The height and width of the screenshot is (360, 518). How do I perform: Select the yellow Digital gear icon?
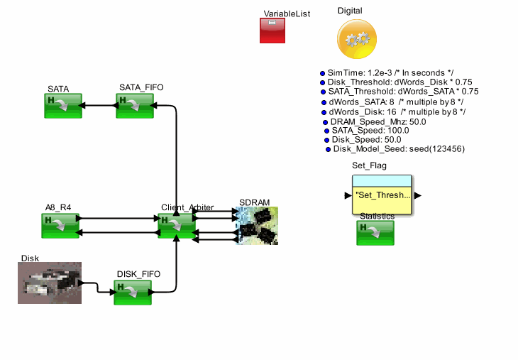(x=357, y=38)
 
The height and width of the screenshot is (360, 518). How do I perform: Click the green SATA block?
(x=62, y=106)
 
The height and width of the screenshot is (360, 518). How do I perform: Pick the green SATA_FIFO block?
(x=135, y=106)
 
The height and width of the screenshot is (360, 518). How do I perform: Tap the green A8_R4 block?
(x=60, y=225)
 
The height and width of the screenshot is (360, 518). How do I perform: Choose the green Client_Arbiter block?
(x=176, y=225)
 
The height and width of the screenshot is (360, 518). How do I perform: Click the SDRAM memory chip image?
(x=257, y=226)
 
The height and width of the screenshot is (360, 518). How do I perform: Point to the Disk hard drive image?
(x=50, y=283)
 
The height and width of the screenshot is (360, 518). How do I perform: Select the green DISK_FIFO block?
(x=133, y=292)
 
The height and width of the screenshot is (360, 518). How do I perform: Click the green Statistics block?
(x=375, y=233)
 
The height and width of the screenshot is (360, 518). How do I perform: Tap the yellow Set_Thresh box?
(x=382, y=195)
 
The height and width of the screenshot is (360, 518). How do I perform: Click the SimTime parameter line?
(x=390, y=72)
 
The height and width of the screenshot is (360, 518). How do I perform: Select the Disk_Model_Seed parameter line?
(x=399, y=148)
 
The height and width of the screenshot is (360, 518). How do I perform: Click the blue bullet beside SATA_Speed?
(x=326, y=131)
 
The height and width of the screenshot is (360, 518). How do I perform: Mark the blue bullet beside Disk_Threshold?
(x=322, y=82)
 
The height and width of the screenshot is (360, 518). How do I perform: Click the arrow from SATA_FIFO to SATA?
(x=99, y=106)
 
